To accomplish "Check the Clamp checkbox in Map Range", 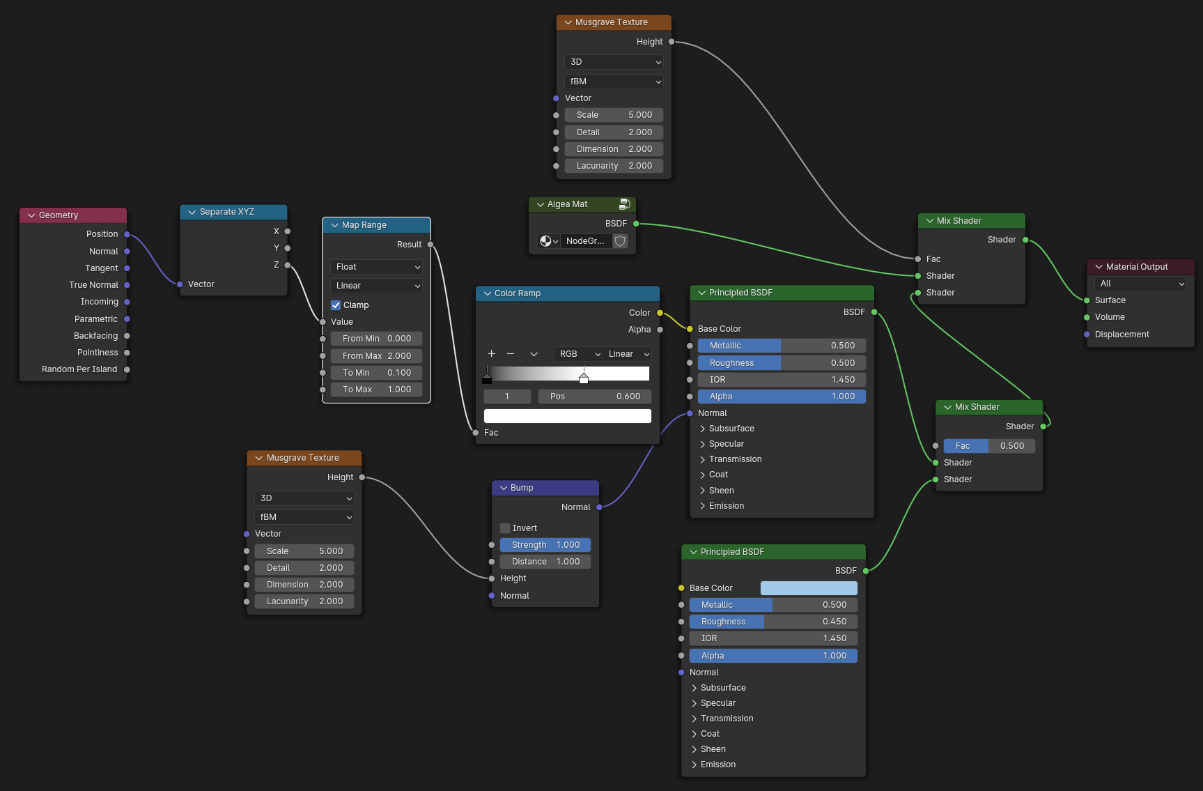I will coord(336,305).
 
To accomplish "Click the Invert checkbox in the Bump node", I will coord(505,528).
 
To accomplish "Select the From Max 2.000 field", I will coord(376,356).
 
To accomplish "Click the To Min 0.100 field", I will coord(376,373).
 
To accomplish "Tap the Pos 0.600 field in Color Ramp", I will coord(594,397).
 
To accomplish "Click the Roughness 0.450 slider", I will coord(773,622).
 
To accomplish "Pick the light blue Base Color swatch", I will coord(808,588).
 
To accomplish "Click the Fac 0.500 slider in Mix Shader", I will coord(989,446).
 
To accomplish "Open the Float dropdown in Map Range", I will coord(376,267).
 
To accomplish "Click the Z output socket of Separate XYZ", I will coord(288,265).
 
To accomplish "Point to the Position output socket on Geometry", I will coord(127,234).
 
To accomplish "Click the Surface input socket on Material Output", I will coord(1087,300).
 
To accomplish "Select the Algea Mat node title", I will coord(567,204).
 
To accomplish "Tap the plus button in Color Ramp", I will coord(491,354).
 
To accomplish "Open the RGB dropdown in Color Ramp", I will coord(579,354).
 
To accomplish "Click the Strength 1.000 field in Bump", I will coord(545,545).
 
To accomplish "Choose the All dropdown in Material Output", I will coord(1140,284).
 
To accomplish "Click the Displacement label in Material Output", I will coord(1121,335).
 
